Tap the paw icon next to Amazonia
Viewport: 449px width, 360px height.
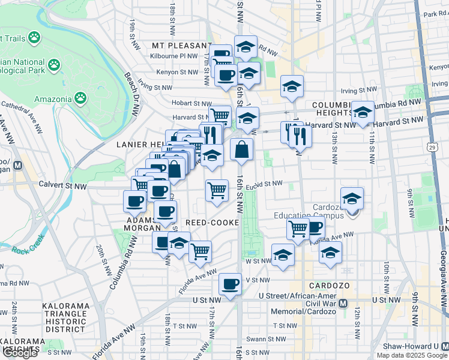coord(80,97)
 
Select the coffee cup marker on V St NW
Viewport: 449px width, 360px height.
coord(230,283)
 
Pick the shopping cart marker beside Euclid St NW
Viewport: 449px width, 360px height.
coord(217,191)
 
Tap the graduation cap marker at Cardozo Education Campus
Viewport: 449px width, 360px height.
coord(352,198)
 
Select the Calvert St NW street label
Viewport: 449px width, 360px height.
coord(63,187)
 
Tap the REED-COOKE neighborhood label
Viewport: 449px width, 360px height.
coord(213,223)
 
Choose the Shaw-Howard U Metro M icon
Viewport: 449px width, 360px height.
coord(444,347)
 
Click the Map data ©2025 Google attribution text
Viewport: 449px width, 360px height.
coord(411,355)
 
